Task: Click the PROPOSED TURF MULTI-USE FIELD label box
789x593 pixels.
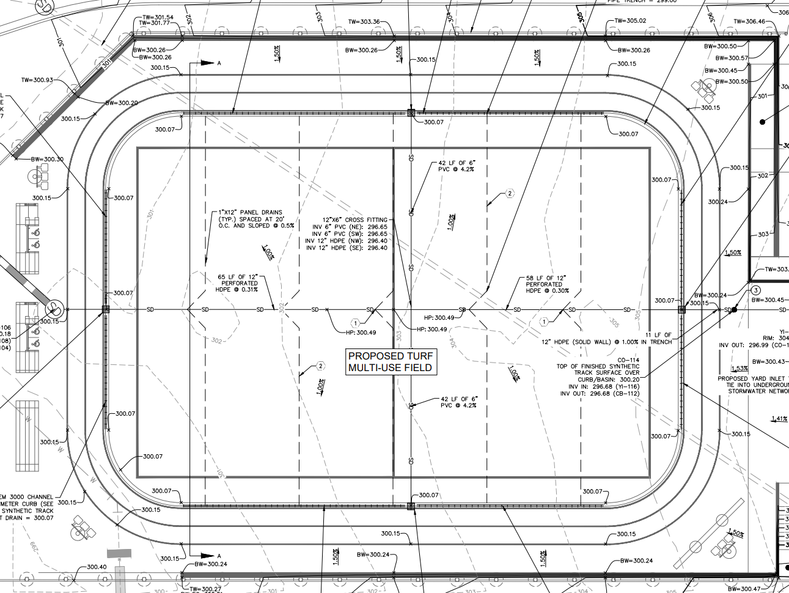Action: pos(391,361)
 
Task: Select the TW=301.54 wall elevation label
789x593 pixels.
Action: pos(157,17)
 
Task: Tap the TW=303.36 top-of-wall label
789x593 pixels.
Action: pos(364,22)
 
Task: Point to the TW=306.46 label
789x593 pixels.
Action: pos(749,21)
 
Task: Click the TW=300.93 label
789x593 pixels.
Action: pos(37,80)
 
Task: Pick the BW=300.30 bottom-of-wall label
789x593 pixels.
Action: pos(47,159)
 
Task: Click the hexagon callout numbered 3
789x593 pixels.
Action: pos(756,290)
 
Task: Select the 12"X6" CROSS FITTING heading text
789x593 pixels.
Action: pos(354,219)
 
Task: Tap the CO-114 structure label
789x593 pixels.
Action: pos(628,360)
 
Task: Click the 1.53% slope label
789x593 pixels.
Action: pos(739,369)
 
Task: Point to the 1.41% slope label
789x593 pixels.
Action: pos(779,419)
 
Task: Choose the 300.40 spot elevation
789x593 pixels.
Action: pos(97,567)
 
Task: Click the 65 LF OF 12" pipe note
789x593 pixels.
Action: pos(238,277)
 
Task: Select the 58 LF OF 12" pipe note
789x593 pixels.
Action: pos(545,278)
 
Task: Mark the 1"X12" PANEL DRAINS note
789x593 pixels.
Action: pos(251,212)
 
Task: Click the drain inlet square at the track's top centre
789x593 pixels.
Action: pos(411,112)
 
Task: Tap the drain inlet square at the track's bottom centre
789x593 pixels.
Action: pos(411,506)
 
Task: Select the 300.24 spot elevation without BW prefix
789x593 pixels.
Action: pos(717,202)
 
